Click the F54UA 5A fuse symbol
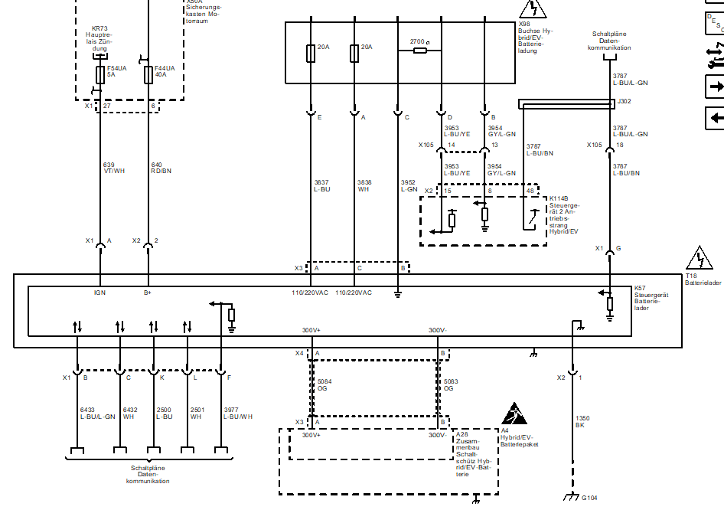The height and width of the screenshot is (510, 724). [x=100, y=74]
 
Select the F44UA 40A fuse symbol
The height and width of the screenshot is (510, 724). [x=148, y=74]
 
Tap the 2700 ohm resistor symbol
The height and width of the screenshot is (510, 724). [x=420, y=51]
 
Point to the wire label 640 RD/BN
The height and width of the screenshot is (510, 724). [x=161, y=168]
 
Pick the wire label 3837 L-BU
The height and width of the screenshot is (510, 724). [x=321, y=185]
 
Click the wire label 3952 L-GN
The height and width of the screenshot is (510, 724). [x=409, y=185]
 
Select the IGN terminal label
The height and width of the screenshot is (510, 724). [x=99, y=293]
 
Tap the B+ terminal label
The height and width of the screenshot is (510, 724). [x=148, y=293]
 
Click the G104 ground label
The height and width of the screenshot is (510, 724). [x=589, y=498]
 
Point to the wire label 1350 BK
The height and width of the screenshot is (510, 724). [x=582, y=421]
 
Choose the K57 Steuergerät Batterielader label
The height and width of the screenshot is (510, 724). [x=651, y=299]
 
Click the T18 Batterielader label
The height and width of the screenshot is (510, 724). [x=702, y=278]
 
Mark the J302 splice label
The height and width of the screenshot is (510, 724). [x=625, y=100]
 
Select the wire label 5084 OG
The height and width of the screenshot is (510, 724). [x=324, y=384]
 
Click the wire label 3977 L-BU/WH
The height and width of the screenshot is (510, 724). [x=237, y=413]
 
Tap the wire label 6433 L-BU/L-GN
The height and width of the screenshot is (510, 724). [x=97, y=413]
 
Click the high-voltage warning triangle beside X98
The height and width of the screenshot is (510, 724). [x=532, y=9]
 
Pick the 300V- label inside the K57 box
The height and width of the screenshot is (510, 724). [x=437, y=330]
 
